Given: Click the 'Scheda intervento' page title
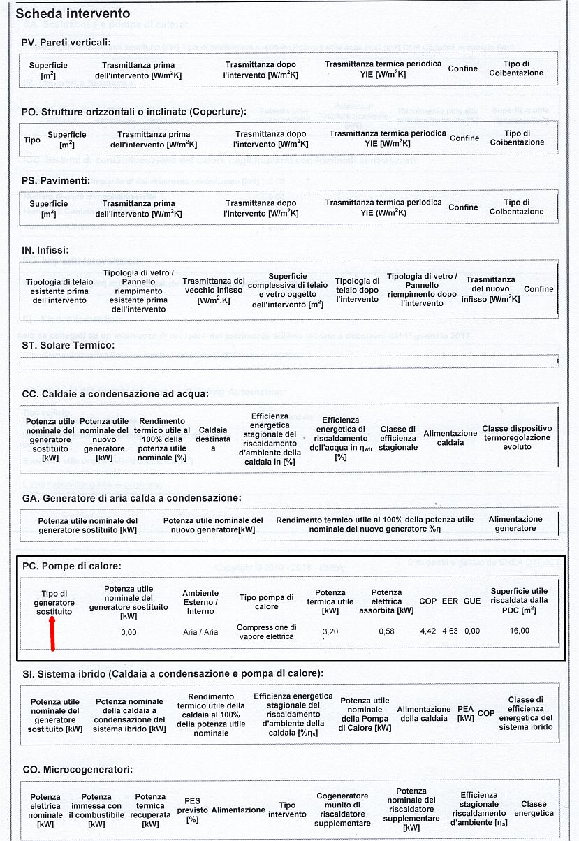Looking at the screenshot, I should [73, 14].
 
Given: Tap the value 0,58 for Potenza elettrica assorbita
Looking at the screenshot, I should [386, 631].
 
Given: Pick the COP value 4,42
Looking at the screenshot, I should [428, 631].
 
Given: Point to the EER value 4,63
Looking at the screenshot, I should [450, 631].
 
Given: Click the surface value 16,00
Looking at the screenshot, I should [519, 631].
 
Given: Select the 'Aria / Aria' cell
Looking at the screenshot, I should [200, 632].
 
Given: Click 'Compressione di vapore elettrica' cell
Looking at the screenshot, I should [267, 631].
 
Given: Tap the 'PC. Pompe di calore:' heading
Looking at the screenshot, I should [72, 566].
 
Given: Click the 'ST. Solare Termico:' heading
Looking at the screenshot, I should [68, 345].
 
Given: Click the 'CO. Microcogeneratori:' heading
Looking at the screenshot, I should [78, 770].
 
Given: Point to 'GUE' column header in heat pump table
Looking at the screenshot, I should [472, 601].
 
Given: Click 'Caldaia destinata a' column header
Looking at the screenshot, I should [213, 439].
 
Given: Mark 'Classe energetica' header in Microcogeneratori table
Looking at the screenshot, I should [534, 809].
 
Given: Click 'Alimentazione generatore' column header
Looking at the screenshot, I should [515, 524].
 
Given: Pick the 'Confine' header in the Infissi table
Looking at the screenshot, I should [538, 289].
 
